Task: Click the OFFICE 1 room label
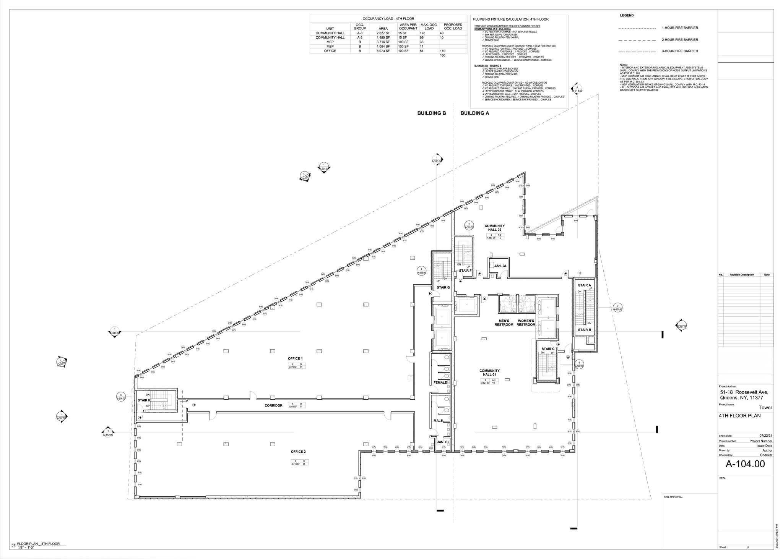click(x=295, y=358)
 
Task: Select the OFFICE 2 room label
click(x=298, y=452)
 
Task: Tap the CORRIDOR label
click(x=273, y=405)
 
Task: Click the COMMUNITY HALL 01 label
click(x=489, y=373)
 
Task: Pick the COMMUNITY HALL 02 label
click(x=494, y=228)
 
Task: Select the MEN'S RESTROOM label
click(x=504, y=323)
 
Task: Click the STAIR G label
click(x=443, y=287)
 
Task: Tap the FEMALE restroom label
click(x=440, y=382)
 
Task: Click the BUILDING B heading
click(x=431, y=113)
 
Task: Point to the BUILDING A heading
click(x=474, y=113)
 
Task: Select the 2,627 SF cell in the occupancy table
click(x=383, y=33)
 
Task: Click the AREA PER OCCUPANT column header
click(x=408, y=26)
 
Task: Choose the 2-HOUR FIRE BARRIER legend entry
click(x=680, y=40)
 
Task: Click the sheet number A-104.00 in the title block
click(x=745, y=464)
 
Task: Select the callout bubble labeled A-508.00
click(x=121, y=397)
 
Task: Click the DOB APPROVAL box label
click(x=673, y=497)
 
